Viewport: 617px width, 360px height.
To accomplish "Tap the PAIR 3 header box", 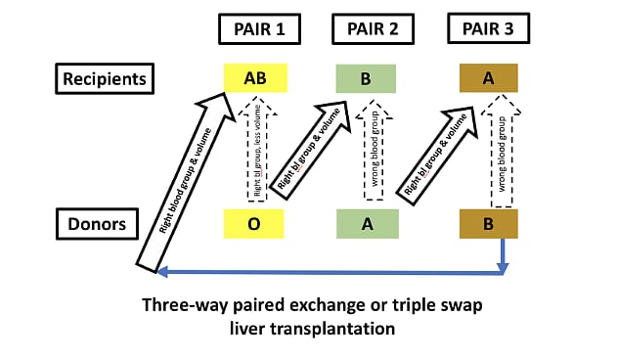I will click(488, 29).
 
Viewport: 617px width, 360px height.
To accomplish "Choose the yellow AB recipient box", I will click(254, 78).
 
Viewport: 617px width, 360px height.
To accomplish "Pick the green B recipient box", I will click(366, 78).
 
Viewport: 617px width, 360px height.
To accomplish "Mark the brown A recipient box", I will click(489, 78).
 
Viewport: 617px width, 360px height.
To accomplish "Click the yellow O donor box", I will click(254, 224).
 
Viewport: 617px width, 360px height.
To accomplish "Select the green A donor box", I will click(366, 224).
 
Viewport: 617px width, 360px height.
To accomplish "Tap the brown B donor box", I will click(489, 224).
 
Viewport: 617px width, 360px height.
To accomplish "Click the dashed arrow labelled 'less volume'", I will click(254, 147).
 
